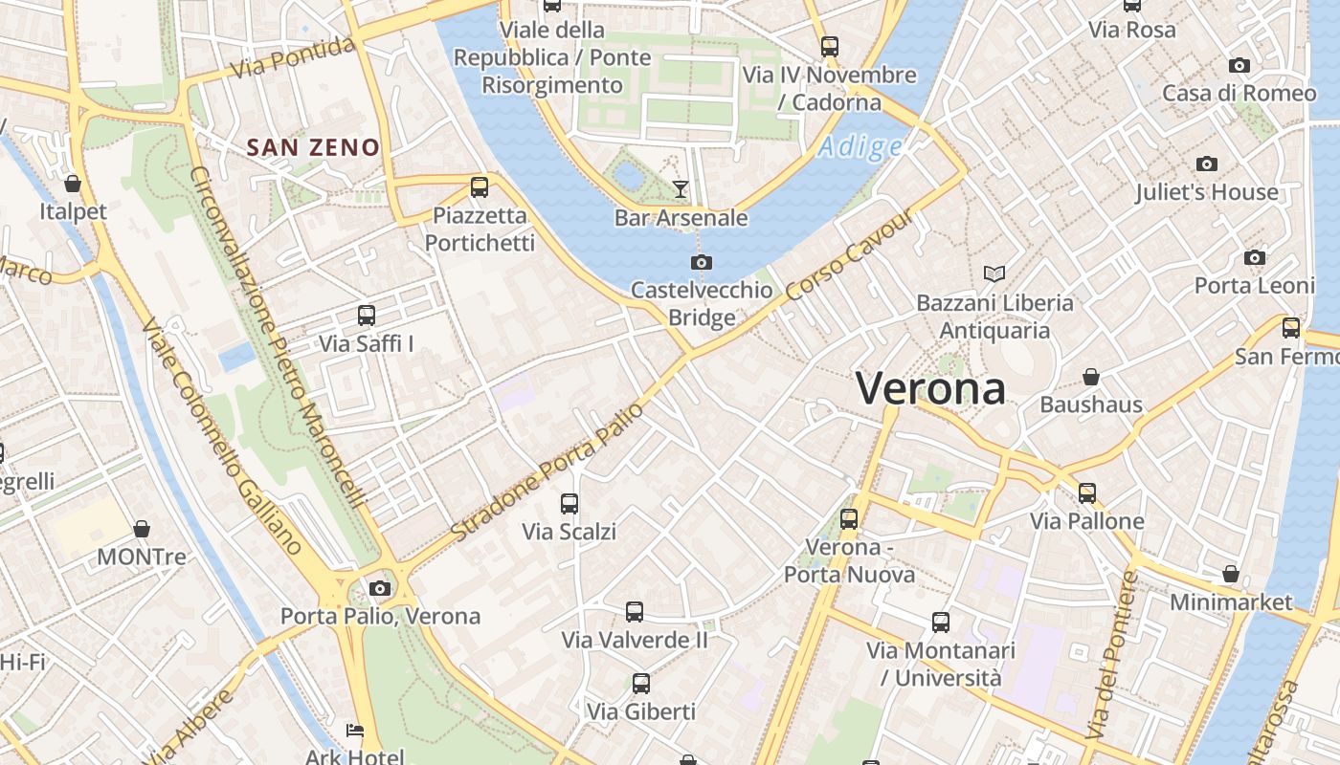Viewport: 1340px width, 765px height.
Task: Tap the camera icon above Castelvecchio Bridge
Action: [x=702, y=262]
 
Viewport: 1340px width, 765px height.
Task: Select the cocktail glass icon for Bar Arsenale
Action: [x=681, y=189]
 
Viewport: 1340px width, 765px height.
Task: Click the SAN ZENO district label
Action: [x=313, y=147]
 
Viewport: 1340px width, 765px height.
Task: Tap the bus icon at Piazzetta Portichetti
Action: [x=480, y=187]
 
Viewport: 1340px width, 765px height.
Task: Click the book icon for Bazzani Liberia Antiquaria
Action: [x=994, y=274]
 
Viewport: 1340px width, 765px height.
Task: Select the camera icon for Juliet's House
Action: [x=1207, y=164]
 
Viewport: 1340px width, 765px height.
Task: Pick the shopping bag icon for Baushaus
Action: [x=1090, y=377]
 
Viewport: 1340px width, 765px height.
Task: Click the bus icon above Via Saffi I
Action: [x=366, y=315]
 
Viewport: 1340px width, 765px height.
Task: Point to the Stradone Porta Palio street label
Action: [x=543, y=471]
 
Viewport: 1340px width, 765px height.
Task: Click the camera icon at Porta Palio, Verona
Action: [x=380, y=588]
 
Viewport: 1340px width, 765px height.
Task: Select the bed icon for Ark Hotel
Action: [x=354, y=732]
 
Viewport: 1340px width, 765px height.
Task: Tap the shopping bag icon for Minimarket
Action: [x=1231, y=575]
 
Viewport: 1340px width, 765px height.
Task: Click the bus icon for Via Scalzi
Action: [x=569, y=503]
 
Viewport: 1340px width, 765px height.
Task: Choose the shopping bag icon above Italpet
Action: [x=73, y=183]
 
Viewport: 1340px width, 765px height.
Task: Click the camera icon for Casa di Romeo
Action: [x=1239, y=65]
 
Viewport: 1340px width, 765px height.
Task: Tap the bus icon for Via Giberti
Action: [x=641, y=684]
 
